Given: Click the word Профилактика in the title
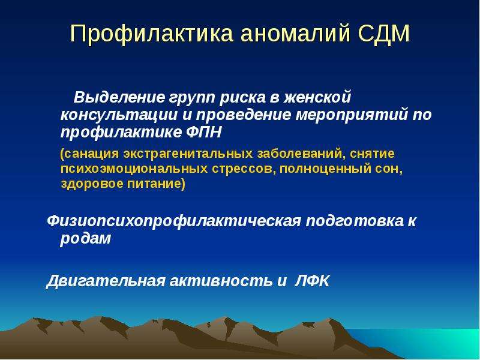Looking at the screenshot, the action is [x=152, y=34].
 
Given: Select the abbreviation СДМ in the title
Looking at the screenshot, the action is [x=383, y=34].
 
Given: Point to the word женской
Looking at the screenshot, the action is [x=317, y=97].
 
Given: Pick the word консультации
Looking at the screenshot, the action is [x=119, y=115].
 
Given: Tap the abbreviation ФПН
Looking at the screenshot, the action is [x=203, y=133].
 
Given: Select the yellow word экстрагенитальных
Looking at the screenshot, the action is [x=188, y=154].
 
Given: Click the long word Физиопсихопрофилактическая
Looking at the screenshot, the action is [x=174, y=221].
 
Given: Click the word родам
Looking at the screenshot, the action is [x=85, y=239].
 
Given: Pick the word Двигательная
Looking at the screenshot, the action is [x=106, y=281].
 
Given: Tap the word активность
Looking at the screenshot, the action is [x=221, y=281].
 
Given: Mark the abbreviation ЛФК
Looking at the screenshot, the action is [x=312, y=281].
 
